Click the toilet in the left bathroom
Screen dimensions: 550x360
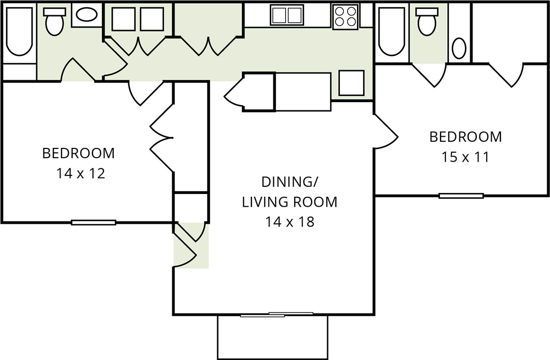pyautogui.click(x=54, y=21)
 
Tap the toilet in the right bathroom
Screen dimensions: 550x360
pyautogui.click(x=427, y=21)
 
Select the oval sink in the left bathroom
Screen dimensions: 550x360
pyautogui.click(x=87, y=15)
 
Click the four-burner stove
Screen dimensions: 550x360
pyautogui.click(x=345, y=17)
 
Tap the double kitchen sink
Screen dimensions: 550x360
pyautogui.click(x=287, y=15)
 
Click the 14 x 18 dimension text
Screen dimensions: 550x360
pyautogui.click(x=289, y=222)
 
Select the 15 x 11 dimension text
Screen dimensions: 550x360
pyautogui.click(x=465, y=157)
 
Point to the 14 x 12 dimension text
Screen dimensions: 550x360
pyautogui.click(x=81, y=174)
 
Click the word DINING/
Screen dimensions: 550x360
pyautogui.click(x=290, y=182)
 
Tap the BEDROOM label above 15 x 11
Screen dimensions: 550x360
pyautogui.click(x=465, y=137)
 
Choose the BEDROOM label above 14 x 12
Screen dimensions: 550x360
pyautogui.click(x=79, y=153)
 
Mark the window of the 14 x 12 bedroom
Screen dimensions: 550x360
pyautogui.click(x=94, y=222)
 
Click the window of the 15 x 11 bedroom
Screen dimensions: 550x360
pyautogui.click(x=461, y=196)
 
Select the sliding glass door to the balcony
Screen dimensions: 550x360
pyautogui.click(x=277, y=314)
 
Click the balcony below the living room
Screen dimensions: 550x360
pyautogui.click(x=273, y=337)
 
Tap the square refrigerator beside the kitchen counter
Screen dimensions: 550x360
pyautogui.click(x=351, y=83)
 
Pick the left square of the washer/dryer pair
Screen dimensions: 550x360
pyautogui.click(x=123, y=19)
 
